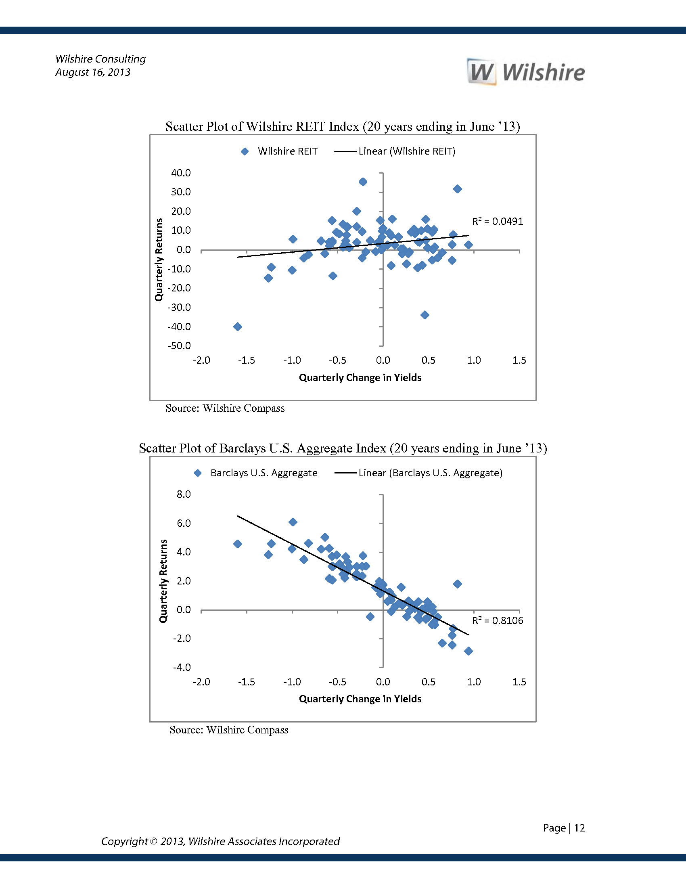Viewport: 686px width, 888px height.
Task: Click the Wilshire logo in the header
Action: pos(525,72)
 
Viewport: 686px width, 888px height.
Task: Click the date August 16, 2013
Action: pos(93,72)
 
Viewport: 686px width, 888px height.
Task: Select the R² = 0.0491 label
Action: pos(497,221)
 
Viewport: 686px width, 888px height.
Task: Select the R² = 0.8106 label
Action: pos(497,620)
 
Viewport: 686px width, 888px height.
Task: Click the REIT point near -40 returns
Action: pos(238,327)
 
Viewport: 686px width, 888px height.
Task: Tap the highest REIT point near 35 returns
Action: pos(363,182)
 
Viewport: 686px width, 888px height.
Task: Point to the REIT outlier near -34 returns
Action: pos(425,315)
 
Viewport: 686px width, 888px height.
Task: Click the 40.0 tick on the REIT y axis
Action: pos(181,173)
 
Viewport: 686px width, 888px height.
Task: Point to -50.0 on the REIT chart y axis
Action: pos(179,346)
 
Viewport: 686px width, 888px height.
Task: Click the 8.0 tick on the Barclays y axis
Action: pos(183,494)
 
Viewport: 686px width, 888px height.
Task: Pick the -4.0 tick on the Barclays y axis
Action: pos(182,667)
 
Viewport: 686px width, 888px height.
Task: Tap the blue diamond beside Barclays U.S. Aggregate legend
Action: pos(197,473)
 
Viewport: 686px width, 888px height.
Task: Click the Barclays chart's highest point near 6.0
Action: pos(293,522)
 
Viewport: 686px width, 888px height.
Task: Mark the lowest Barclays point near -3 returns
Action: pos(468,651)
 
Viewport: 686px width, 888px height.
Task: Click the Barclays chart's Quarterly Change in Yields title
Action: pos(360,699)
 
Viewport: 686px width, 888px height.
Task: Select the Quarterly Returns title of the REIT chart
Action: pos(159,260)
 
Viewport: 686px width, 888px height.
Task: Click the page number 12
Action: pos(579,828)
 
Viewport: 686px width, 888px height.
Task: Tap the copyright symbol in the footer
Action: pos(154,841)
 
